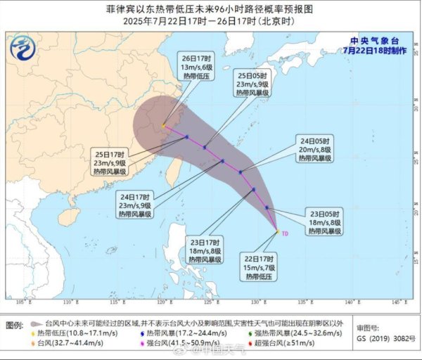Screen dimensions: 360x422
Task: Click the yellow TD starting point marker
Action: point(277,231)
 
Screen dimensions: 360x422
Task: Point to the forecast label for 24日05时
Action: point(312,150)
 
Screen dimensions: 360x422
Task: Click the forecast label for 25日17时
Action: point(108,162)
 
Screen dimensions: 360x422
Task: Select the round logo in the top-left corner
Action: point(25,48)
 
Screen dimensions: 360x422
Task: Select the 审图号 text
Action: point(371,328)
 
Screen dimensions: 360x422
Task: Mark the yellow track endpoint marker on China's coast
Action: point(164,127)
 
